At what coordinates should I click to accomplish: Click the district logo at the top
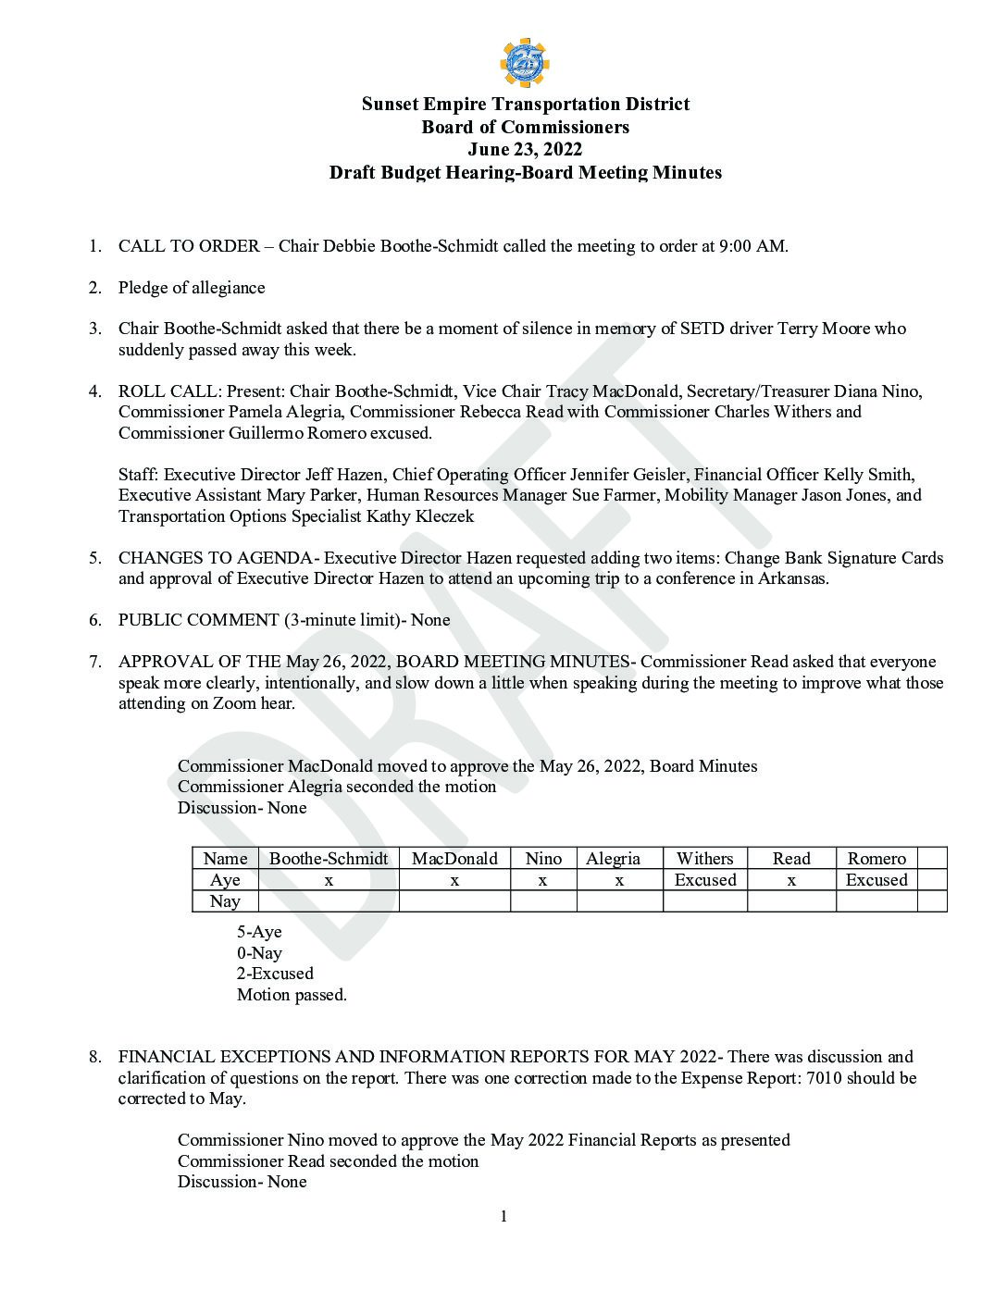pos(524,63)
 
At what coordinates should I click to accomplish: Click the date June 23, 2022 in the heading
pos(525,149)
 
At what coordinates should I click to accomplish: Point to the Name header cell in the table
pos(225,859)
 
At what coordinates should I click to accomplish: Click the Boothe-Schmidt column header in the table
pos(329,859)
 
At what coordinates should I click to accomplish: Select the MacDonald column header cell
pos(454,859)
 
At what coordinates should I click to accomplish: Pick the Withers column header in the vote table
pos(704,859)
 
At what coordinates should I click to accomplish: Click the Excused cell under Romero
pos(876,880)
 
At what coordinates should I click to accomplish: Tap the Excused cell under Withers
pos(705,880)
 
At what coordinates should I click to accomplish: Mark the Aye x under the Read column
pos(791,880)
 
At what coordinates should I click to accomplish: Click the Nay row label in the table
pos(225,901)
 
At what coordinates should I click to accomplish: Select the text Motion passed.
pos(292,996)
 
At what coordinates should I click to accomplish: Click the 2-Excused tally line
pos(275,974)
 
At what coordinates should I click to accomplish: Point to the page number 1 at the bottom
pos(503,1216)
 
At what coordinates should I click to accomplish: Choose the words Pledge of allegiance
pos(192,288)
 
